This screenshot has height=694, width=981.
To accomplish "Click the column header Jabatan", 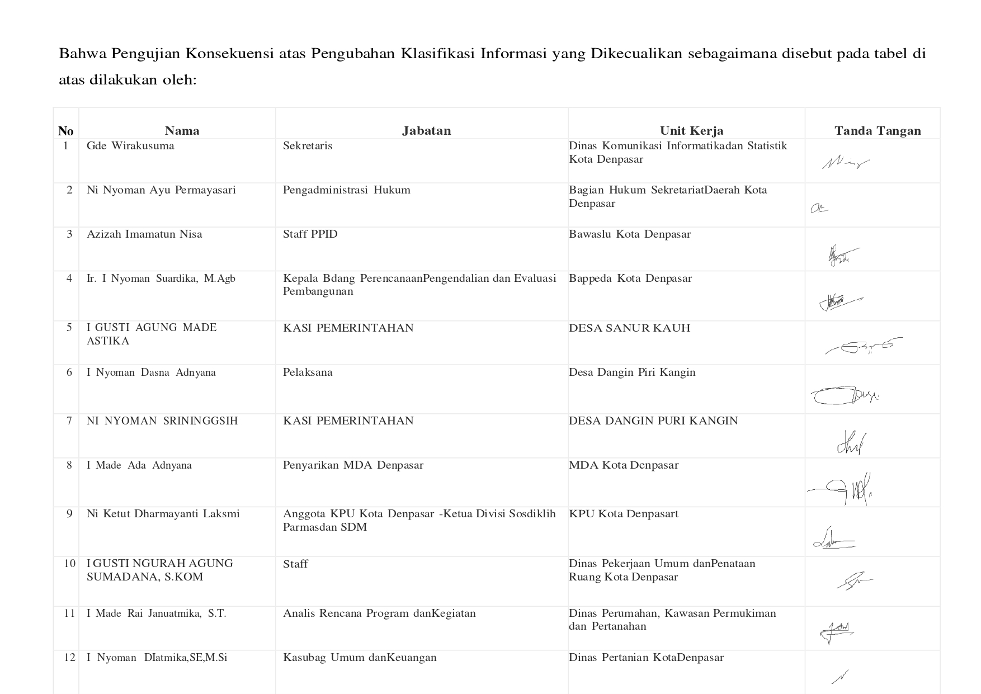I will point(426,131).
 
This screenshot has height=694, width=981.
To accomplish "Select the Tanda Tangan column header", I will point(877,131).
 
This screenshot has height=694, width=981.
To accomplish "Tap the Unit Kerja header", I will point(691,131).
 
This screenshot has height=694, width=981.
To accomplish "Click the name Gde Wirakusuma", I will point(130,146).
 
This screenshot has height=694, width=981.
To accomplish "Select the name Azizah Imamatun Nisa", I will point(144,234).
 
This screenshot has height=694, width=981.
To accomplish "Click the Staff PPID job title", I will point(310,234).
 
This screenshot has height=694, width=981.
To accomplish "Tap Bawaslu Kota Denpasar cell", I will point(630,234).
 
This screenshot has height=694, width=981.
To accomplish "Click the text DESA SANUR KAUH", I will point(629,328).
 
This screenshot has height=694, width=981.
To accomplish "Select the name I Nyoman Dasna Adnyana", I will point(151,372).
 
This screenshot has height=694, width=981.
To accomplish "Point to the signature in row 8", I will point(841,490).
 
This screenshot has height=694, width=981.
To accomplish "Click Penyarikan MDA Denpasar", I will point(353,465).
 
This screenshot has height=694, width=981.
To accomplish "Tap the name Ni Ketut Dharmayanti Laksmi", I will point(163,514).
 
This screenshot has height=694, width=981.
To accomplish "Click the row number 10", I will point(69,563).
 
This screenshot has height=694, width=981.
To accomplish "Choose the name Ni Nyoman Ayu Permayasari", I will point(161,190).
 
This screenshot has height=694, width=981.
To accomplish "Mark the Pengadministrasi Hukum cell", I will point(346,190).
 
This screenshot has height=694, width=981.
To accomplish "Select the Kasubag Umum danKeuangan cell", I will point(360,658).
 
